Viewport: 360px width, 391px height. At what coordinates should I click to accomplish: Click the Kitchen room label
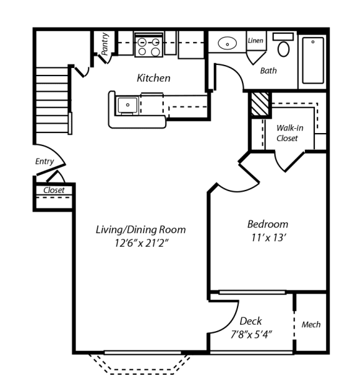[x=153, y=78]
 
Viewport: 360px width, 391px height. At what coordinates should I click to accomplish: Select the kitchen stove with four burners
[x=149, y=47]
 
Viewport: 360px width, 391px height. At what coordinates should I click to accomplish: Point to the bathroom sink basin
[x=227, y=44]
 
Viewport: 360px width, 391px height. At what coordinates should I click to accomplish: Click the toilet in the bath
[x=284, y=47]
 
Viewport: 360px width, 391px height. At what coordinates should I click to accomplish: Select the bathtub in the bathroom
[x=312, y=61]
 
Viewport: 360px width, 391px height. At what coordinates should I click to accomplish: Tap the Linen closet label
[x=255, y=41]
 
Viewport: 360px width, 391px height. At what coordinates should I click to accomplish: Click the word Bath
[x=268, y=71]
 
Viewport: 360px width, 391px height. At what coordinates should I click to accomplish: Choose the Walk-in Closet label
[x=289, y=133]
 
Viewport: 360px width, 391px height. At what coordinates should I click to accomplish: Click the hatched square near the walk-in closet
[x=258, y=103]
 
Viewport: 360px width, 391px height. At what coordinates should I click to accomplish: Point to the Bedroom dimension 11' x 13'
[x=267, y=237]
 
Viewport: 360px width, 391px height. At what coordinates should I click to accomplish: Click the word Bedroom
[x=267, y=224]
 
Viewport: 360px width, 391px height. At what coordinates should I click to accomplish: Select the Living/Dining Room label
[x=140, y=229]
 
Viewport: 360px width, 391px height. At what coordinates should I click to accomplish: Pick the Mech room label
[x=311, y=324]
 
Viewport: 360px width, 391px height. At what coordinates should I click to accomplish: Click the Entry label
[x=44, y=161]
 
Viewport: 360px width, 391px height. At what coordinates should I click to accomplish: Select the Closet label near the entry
[x=54, y=190]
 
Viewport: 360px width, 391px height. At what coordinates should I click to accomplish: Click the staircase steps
[x=52, y=100]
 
